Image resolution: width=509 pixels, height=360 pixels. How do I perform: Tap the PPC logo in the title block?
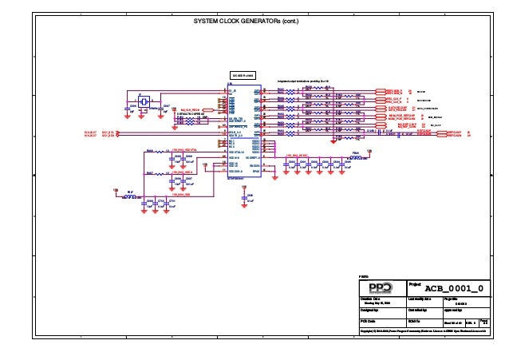381,287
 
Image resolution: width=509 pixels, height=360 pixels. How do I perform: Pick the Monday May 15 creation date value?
377,303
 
